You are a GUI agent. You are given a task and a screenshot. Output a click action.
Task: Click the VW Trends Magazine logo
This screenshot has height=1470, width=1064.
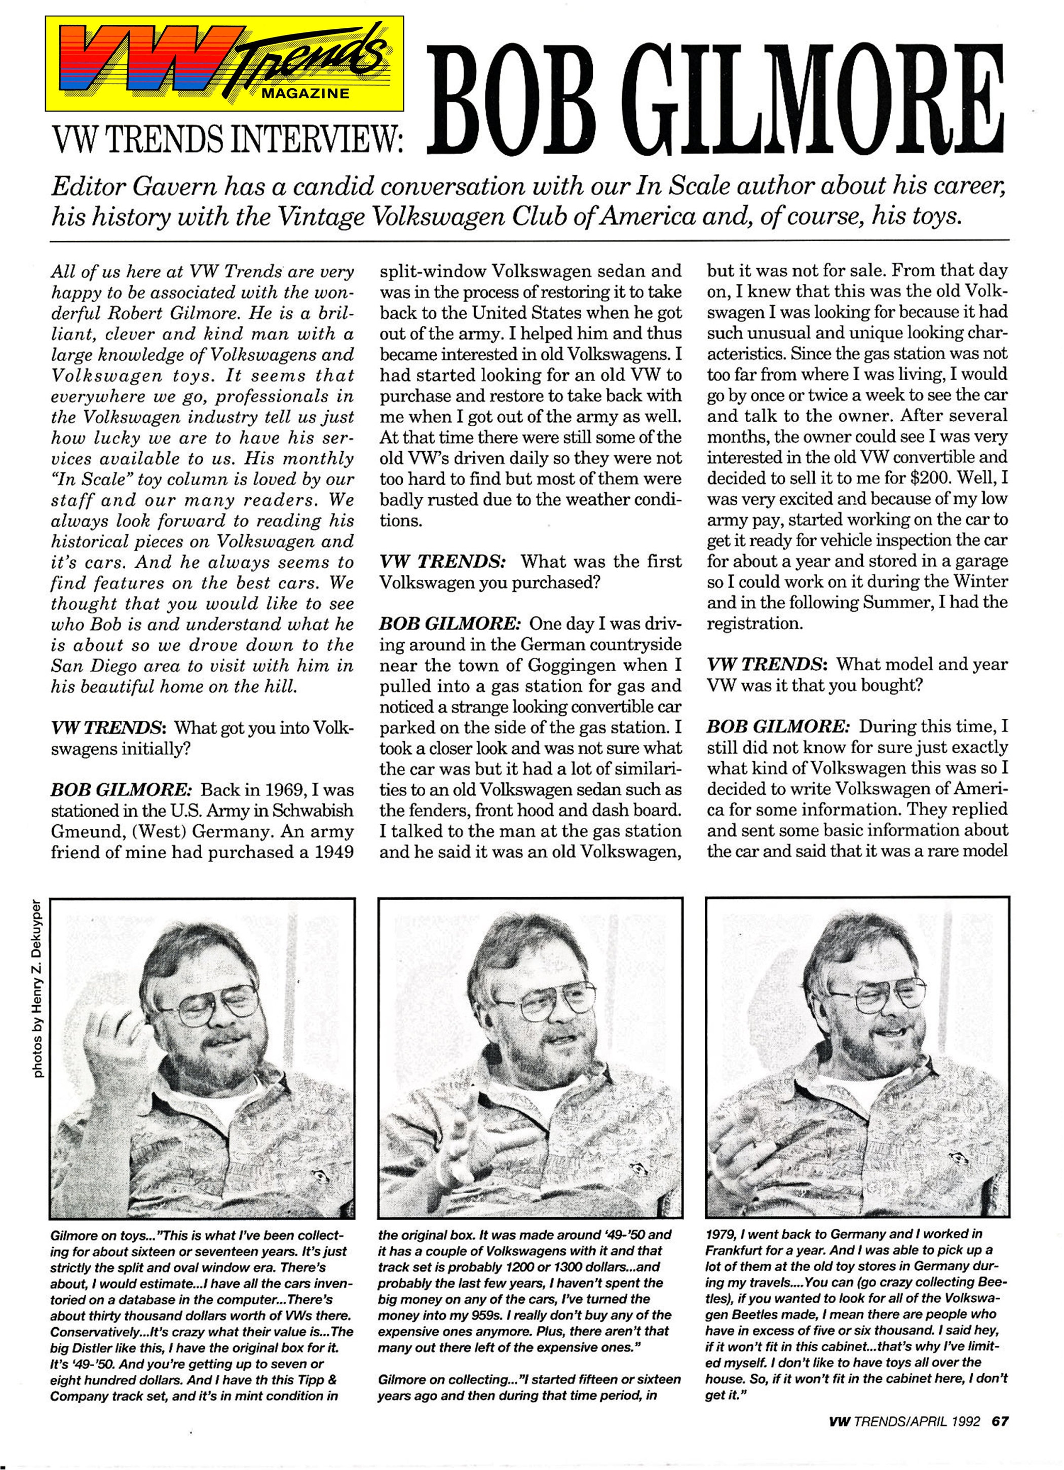[x=224, y=63]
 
